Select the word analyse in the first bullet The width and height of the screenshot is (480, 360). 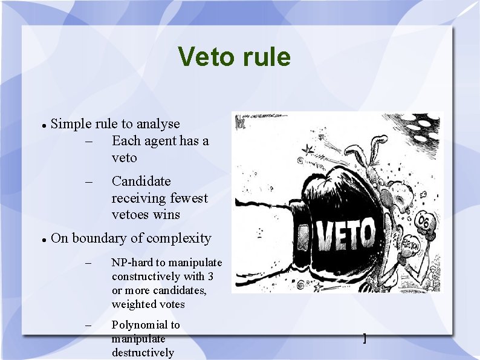158,124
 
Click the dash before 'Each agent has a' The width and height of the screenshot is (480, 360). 89,142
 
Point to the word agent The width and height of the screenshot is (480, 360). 162,141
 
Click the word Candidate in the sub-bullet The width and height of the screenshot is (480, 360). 141,182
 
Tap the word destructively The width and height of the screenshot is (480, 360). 143,353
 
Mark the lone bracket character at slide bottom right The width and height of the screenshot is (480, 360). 364,338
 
